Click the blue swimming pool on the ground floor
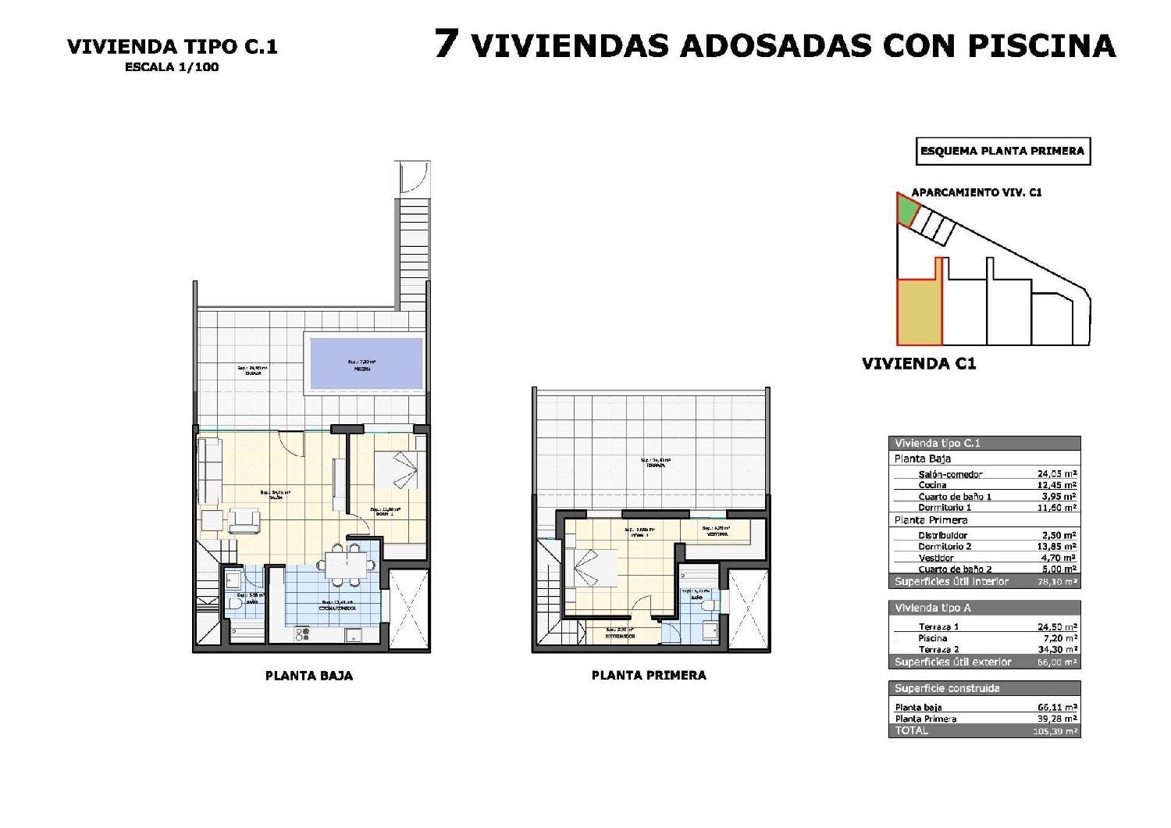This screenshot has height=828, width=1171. (x=366, y=363)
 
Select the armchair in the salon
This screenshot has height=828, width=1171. (x=244, y=521)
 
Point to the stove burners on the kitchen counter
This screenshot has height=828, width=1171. (x=303, y=633)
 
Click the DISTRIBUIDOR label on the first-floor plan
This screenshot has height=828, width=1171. (x=620, y=636)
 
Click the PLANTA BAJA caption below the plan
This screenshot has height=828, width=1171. (x=309, y=676)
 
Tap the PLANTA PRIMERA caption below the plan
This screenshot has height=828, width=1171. (x=649, y=675)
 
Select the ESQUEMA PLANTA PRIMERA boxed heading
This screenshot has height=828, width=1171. (x=1002, y=151)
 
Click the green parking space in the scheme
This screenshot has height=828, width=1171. (x=906, y=210)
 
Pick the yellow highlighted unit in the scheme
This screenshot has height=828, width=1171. (x=919, y=312)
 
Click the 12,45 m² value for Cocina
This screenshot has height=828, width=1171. (x=1057, y=485)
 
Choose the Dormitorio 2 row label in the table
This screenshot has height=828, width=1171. (x=945, y=547)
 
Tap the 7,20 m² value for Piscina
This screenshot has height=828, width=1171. (x=1060, y=638)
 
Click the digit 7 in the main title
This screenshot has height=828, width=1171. (x=446, y=44)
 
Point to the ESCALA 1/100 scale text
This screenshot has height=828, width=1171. (x=172, y=67)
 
